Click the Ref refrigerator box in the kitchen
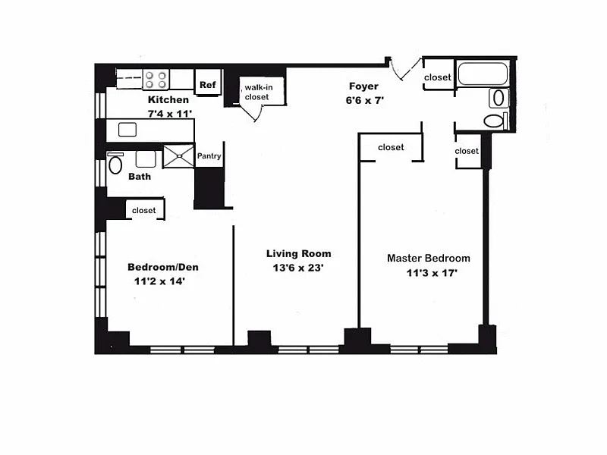pyautogui.click(x=207, y=83)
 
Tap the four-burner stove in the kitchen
pyautogui.click(x=156, y=80)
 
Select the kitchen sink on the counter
pyautogui.click(x=127, y=130)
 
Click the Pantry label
pyautogui.click(x=209, y=156)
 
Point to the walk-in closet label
pyautogui.click(x=259, y=92)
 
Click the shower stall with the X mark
pyautogui.click(x=178, y=156)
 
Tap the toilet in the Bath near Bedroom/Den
pyautogui.click(x=115, y=163)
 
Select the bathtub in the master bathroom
pyautogui.click(x=483, y=74)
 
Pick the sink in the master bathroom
pyautogui.click(x=498, y=98)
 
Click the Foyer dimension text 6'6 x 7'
pyautogui.click(x=365, y=101)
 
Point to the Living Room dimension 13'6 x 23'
pyautogui.click(x=298, y=268)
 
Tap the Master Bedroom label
pyautogui.click(x=429, y=258)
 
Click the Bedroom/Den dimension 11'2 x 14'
pyautogui.click(x=159, y=281)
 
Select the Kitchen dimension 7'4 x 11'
pyautogui.click(x=170, y=114)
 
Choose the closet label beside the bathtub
pyautogui.click(x=438, y=77)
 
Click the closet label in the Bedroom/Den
pyautogui.click(x=143, y=211)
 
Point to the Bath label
pyautogui.click(x=140, y=177)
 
